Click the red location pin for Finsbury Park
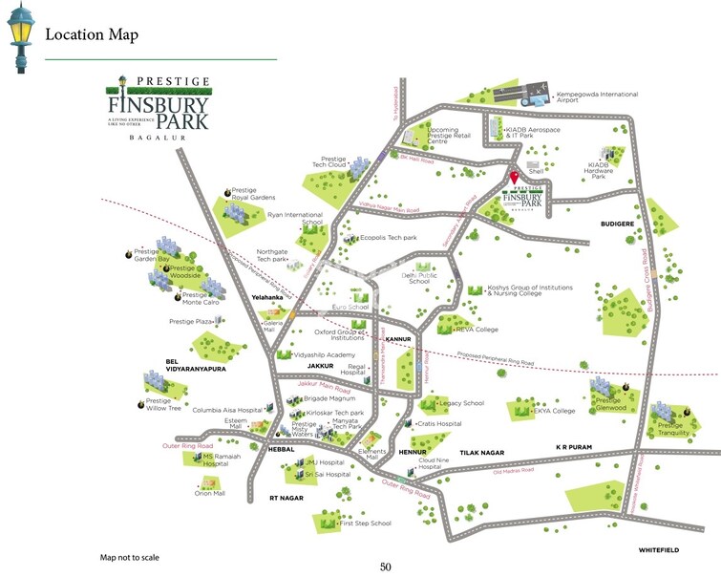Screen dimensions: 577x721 514,177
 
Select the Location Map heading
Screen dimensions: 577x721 92,35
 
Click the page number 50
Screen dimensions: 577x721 386,566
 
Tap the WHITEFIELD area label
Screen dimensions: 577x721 658,550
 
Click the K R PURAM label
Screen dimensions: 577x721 575,447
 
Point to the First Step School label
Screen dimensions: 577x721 366,524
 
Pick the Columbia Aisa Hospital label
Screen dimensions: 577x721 227,409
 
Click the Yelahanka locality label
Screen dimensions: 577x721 268,297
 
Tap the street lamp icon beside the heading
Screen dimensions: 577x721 19,38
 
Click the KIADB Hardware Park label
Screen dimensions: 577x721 599,172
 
